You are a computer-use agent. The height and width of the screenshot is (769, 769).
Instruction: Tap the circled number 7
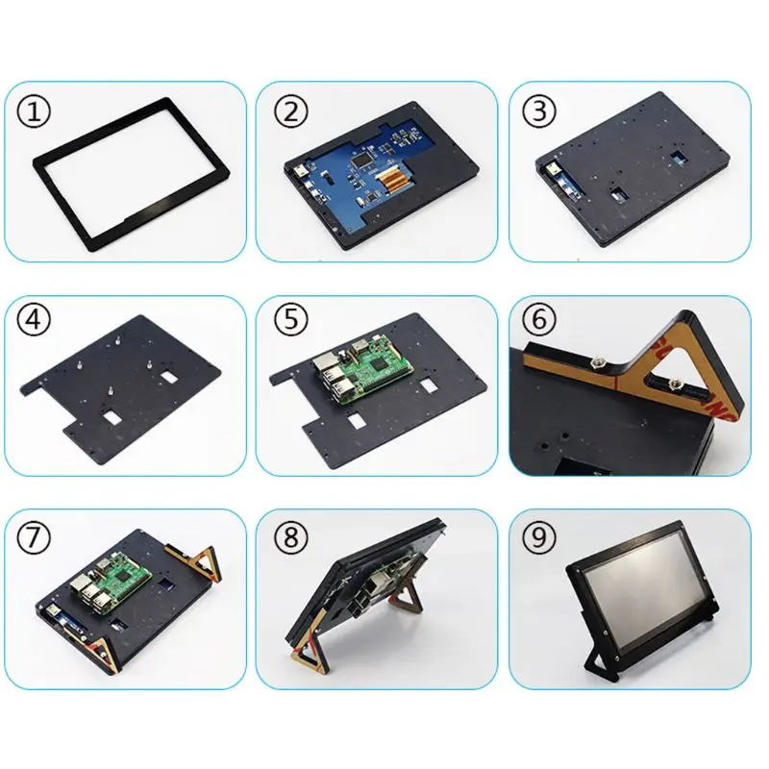coord(37,533)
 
